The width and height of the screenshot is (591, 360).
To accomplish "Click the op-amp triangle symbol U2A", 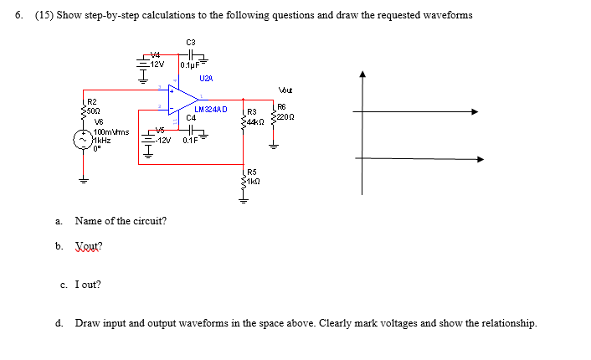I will coord(179,100).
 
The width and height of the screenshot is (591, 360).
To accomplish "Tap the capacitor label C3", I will coord(190,42).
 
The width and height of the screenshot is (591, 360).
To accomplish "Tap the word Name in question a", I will coord(88,221).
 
